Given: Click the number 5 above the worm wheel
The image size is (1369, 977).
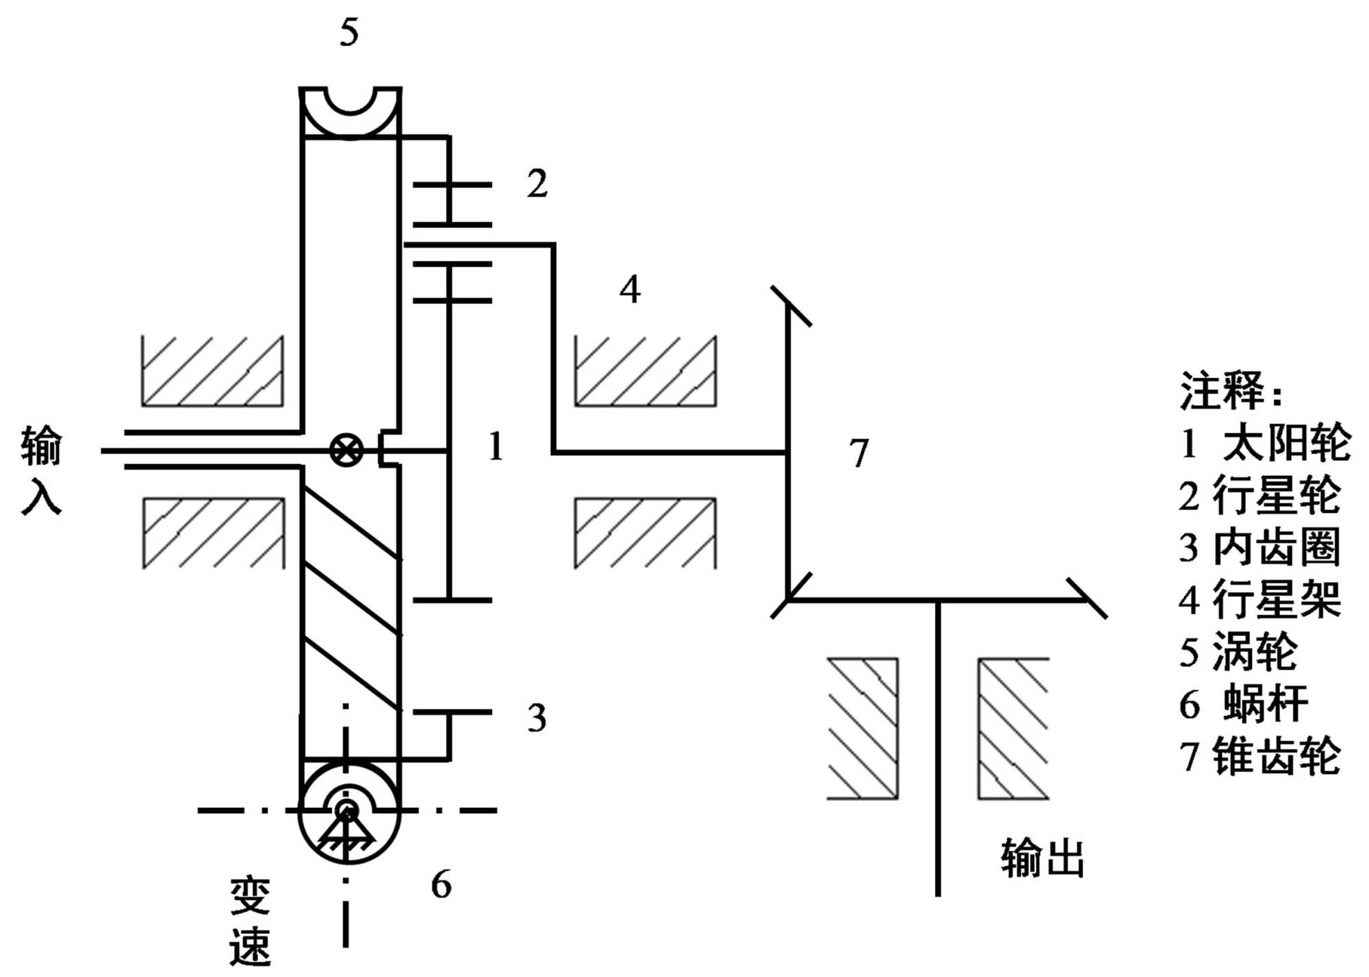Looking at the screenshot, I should click(349, 32).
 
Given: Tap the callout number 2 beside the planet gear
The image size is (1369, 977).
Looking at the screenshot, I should click(537, 183).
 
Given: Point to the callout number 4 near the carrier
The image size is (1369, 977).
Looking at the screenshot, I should click(630, 289).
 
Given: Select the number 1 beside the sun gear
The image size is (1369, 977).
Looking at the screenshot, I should click(496, 446).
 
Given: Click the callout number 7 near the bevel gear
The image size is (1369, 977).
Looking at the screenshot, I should click(859, 453).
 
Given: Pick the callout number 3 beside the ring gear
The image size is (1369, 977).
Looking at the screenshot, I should click(537, 718).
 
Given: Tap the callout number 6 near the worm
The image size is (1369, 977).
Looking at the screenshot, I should click(442, 884).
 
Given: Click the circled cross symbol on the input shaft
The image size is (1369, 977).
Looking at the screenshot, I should click(346, 451).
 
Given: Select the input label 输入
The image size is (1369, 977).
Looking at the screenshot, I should click(41, 469).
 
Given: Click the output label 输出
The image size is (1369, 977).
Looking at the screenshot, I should click(1042, 859).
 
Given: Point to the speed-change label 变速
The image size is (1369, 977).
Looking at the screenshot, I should click(250, 921).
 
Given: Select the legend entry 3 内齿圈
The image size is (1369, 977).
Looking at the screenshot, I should click(1259, 547).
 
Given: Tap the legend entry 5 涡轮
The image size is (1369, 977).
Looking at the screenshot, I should click(1238, 652).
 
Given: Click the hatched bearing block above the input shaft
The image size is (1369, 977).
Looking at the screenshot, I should click(212, 371).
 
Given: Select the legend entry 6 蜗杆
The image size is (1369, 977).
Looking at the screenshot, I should click(1243, 704).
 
